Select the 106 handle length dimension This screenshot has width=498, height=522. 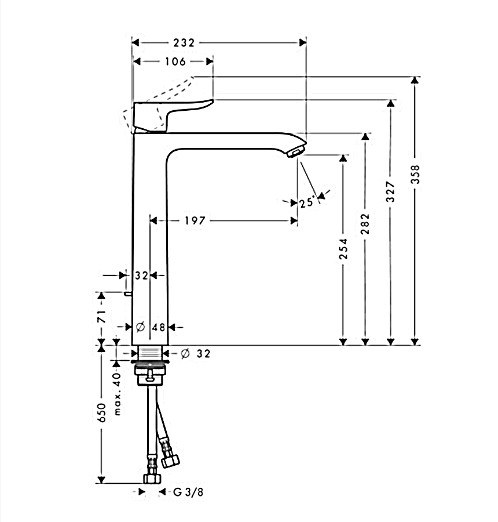click(174, 61)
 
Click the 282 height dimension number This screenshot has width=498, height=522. click(365, 224)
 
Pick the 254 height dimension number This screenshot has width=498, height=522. click(344, 249)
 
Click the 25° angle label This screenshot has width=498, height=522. click(307, 202)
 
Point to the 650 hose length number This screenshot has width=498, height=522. click(102, 412)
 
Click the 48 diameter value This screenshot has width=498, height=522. click(159, 328)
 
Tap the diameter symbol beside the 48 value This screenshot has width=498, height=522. click(140, 328)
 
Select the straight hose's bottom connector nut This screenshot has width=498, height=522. click(151, 478)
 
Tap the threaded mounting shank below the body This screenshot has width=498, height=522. click(150, 353)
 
